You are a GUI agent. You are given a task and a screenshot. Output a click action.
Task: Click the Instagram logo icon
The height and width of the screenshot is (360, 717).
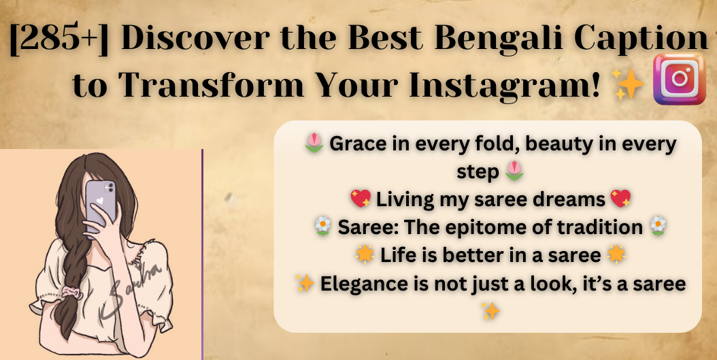pyautogui.click(x=680, y=79)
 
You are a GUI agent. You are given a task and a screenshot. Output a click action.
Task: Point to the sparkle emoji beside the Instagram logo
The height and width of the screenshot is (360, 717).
pyautogui.click(x=629, y=84)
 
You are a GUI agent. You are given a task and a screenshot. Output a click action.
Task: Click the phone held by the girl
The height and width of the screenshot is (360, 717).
pyautogui.click(x=101, y=206)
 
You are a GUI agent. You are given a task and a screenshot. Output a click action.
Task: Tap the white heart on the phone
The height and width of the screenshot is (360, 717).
pyautogui.click(x=100, y=201)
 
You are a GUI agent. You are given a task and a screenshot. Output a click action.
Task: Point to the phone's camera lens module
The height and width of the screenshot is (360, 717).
pyautogui.click(x=110, y=187)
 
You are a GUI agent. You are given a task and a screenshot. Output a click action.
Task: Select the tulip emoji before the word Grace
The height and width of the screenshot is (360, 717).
pyautogui.click(x=314, y=144)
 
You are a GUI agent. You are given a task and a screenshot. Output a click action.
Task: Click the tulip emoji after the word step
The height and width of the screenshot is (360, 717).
pyautogui.click(x=514, y=171)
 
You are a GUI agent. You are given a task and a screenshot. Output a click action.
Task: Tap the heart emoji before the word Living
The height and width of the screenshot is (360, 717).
pyautogui.click(x=361, y=199)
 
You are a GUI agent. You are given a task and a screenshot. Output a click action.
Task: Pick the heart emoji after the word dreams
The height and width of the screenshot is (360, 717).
pyautogui.click(x=620, y=199)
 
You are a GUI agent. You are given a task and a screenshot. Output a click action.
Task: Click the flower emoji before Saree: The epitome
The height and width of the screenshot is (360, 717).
pyautogui.click(x=323, y=227)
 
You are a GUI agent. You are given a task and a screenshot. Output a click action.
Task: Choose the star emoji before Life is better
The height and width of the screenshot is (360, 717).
pyautogui.click(x=365, y=255)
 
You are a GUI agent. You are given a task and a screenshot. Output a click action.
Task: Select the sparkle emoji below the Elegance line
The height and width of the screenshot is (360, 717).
pyautogui.click(x=490, y=311)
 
